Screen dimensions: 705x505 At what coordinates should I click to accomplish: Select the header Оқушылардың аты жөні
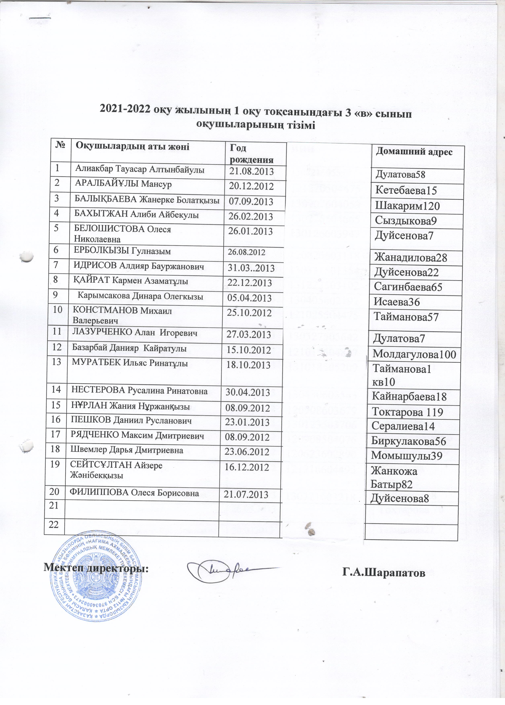(133, 146)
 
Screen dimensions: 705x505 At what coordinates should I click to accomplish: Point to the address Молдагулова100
(415, 354)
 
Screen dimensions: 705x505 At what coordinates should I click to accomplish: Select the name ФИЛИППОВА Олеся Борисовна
(134, 493)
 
